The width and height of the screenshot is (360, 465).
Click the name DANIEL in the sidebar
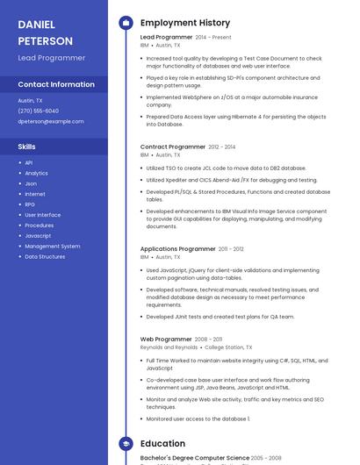[x=36, y=25]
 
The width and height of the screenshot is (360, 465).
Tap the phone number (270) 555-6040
[x=38, y=111]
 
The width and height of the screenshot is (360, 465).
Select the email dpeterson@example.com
[x=51, y=122]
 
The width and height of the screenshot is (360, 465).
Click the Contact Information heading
[x=56, y=84]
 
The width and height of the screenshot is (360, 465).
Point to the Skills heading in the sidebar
[x=27, y=147]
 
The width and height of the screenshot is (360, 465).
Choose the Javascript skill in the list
[x=38, y=236]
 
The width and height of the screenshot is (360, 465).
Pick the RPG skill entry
[x=30, y=204]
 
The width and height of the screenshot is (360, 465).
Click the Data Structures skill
[x=45, y=257]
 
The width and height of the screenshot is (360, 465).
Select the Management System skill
[x=52, y=247]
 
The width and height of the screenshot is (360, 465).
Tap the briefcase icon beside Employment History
[x=125, y=23]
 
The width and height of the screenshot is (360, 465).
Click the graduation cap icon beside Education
[x=125, y=444]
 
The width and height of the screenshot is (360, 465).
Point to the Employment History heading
[x=185, y=23]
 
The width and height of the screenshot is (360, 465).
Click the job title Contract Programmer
[x=172, y=147]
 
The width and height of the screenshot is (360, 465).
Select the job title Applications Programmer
[x=177, y=249]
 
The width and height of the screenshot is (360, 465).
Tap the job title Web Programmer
[x=166, y=339]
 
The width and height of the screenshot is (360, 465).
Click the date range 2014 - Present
[x=213, y=38]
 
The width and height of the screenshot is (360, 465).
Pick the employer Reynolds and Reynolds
[x=169, y=347]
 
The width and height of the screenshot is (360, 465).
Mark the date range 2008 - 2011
[x=208, y=339]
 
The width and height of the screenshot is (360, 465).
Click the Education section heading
[x=162, y=444]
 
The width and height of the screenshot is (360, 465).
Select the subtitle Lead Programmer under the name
[x=51, y=58]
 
